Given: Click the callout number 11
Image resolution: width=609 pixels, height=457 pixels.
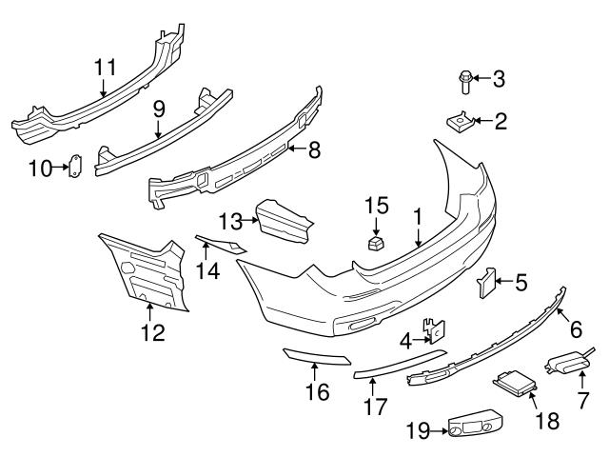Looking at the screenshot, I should coord(104,68).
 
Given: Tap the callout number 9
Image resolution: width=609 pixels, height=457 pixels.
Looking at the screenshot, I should coord(159,109).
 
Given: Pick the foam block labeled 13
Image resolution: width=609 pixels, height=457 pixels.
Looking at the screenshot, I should coord(283,222).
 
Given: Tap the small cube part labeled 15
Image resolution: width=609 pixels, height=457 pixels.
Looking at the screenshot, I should coord(376,244).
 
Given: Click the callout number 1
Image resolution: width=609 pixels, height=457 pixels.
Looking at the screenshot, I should coord(417,217).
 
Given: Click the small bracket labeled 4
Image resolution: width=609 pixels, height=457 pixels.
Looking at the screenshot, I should coord(438,331).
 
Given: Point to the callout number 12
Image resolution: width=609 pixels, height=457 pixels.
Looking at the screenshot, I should coord(152,332).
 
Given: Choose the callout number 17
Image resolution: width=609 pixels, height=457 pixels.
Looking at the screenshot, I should coord(375,407).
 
